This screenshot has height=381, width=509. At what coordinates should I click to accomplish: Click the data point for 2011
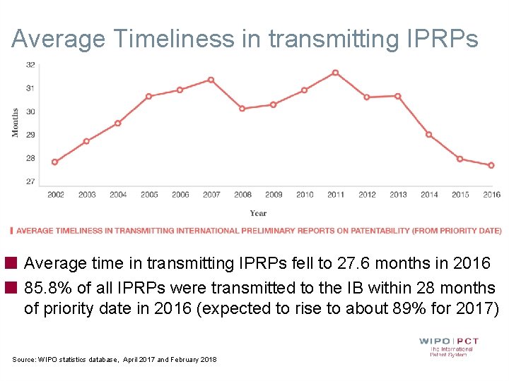click(335, 73)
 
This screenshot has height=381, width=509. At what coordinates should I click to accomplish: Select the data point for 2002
click(55, 162)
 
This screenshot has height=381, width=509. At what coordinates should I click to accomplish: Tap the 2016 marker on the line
click(491, 165)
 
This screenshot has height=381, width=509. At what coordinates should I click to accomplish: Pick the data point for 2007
click(211, 80)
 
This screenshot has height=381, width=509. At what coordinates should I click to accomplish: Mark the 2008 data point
click(242, 109)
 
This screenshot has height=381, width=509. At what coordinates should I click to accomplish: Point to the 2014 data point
click(428, 135)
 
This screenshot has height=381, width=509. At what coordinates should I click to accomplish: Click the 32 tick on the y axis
click(31, 64)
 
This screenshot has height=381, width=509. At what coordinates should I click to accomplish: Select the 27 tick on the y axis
click(31, 181)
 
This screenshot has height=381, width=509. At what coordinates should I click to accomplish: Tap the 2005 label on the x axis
click(149, 195)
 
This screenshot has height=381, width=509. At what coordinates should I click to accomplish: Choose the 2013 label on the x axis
click(398, 195)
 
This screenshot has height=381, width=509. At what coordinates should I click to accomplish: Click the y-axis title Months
click(16, 123)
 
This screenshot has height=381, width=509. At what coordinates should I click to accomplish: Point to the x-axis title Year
click(258, 213)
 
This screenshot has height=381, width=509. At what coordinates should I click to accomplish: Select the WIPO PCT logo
click(448, 346)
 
